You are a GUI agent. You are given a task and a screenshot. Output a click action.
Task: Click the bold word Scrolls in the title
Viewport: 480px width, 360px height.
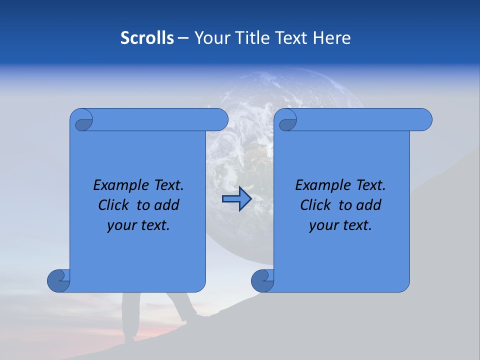[x=147, y=38]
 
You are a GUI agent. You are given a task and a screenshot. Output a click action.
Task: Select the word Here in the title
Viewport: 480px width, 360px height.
[x=332, y=38]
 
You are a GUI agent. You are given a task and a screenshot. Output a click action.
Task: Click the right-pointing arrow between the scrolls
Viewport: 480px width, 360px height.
[x=236, y=199]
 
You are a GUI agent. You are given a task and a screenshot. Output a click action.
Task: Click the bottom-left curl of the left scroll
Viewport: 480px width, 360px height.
[x=58, y=280]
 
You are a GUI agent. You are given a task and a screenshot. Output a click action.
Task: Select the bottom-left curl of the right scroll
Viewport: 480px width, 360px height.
[x=262, y=280]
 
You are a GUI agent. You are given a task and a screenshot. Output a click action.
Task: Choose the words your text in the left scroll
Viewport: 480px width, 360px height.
[x=138, y=225]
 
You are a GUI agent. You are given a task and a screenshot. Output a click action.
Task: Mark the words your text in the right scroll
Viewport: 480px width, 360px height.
[x=340, y=225]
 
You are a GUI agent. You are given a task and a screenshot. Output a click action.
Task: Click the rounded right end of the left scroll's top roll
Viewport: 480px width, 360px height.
[x=220, y=120]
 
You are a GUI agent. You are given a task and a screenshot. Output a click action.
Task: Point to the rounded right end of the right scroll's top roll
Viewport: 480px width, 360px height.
[x=424, y=120]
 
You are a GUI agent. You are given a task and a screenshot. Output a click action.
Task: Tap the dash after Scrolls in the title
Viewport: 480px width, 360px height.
[x=182, y=38]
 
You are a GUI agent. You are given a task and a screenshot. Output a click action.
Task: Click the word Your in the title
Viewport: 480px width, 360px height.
[x=212, y=38]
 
